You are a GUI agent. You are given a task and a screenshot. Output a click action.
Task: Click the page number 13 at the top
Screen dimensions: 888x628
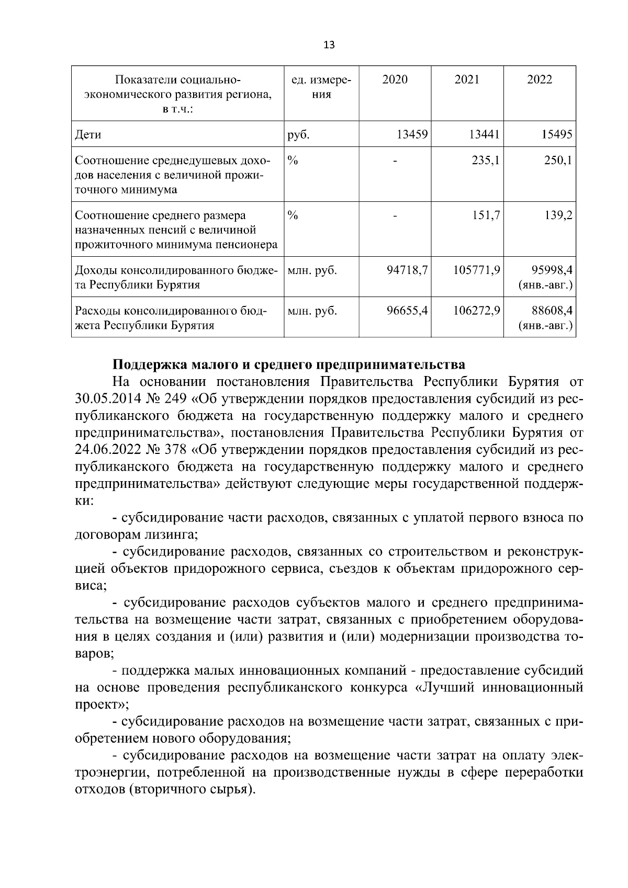click(329, 44)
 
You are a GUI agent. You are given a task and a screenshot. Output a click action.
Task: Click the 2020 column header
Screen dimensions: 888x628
click(395, 79)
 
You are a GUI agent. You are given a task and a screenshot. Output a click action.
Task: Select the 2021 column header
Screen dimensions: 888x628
click(467, 79)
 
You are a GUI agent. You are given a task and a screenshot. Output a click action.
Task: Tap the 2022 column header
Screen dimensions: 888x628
click(540, 79)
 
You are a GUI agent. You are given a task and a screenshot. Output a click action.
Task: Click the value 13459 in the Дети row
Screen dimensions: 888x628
click(412, 134)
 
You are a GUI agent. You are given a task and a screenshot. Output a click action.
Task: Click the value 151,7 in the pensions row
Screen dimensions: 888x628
click(485, 215)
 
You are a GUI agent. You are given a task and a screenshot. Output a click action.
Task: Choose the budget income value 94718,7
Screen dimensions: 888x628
click(407, 270)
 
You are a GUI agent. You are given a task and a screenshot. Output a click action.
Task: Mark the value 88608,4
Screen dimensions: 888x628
click(552, 311)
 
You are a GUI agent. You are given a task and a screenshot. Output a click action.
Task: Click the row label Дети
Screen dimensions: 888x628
click(88, 134)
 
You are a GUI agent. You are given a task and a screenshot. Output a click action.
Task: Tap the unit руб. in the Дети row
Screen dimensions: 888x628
click(298, 134)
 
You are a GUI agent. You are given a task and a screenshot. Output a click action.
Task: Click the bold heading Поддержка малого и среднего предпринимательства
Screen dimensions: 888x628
click(289, 364)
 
